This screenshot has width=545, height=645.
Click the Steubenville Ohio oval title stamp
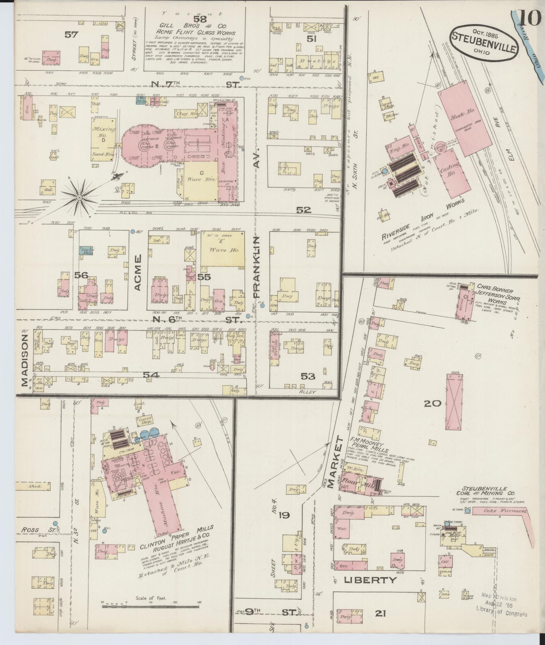[x=484, y=42]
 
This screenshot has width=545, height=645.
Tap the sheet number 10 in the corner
[x=530, y=17]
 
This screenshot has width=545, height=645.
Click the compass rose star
[x=79, y=198]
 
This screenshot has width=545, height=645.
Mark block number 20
[x=433, y=403]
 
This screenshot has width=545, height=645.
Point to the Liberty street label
[x=370, y=580]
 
